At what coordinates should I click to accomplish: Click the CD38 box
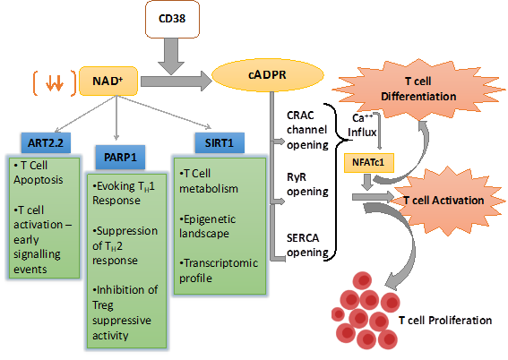coord(172,19)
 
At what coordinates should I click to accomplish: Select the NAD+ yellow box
coord(108,81)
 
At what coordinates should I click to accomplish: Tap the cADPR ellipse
coord(268,75)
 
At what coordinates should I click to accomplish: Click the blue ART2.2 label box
coord(46,142)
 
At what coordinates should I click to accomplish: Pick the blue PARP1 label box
coord(120,158)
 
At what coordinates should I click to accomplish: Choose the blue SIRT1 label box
coord(220,142)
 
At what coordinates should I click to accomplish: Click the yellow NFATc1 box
coord(369,162)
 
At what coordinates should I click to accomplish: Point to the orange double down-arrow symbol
coord(55,83)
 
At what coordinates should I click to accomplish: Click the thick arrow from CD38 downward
coord(171,56)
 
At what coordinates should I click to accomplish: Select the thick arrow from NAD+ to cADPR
coord(177,81)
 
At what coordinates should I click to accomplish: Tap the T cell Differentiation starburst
coord(418,90)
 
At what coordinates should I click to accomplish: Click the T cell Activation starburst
coord(447,200)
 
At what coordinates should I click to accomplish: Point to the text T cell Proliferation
coord(445,321)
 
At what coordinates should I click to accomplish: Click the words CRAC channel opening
coord(307,130)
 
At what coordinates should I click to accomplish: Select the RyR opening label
coord(307,184)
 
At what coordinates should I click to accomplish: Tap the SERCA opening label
coord(307,245)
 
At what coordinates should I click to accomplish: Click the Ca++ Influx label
coord(362,125)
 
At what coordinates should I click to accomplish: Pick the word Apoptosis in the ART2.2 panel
coord(39,180)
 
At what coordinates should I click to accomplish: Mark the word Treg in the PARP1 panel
coord(103,305)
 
